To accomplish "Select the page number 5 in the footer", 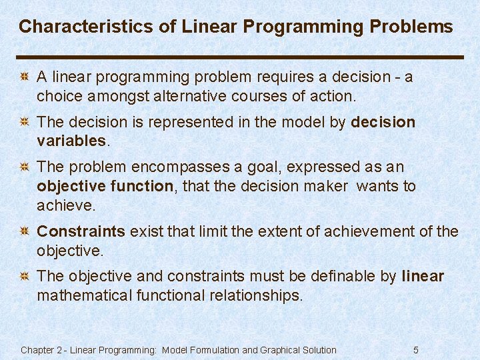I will [x=416, y=350].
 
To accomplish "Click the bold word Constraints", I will [x=81, y=231].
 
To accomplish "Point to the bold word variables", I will [x=71, y=141].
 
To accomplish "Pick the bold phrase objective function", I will [x=105, y=186].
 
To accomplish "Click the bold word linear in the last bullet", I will [x=423, y=276].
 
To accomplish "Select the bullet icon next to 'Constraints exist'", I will [x=24, y=232].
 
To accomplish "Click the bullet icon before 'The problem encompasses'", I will [x=24, y=167].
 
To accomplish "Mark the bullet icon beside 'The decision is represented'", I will [x=24, y=123].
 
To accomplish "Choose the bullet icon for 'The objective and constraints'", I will [x=24, y=277].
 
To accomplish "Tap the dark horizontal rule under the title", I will [x=240, y=57].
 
